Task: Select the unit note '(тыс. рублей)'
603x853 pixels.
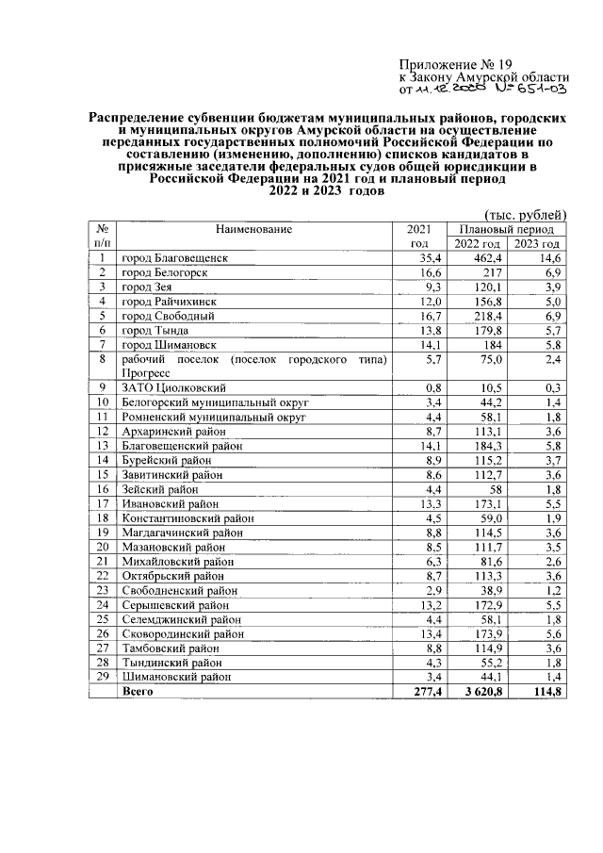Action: click(x=524, y=214)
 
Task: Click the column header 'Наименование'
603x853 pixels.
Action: click(x=253, y=229)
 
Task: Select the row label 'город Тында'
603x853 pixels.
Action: click(x=155, y=331)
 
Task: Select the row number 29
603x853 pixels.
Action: click(x=102, y=677)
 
